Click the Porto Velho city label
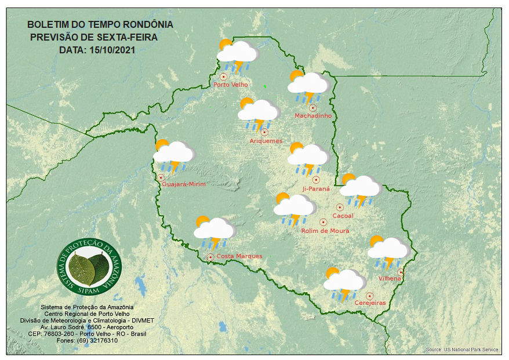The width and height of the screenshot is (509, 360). [x=231, y=85]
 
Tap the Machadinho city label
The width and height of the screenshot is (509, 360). [x=313, y=116]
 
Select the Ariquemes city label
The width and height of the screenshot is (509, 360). [x=266, y=141]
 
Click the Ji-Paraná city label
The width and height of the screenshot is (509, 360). [x=316, y=189]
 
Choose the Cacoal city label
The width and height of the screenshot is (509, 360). [x=343, y=216]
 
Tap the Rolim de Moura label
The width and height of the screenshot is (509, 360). [x=326, y=231]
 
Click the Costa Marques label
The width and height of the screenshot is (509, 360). [x=239, y=256]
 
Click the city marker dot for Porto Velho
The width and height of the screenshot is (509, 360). [x=224, y=77]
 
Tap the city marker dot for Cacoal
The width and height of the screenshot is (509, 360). [x=340, y=207]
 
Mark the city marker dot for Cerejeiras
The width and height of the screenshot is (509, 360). [x=369, y=296]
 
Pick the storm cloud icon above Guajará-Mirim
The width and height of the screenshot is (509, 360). [x=173, y=154]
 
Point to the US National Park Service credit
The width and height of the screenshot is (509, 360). [x=461, y=350]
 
